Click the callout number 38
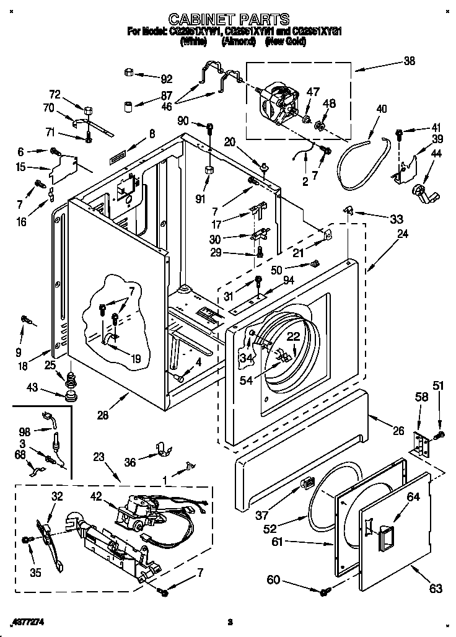pyautogui.click(x=409, y=61)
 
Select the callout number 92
pyautogui.click(x=165, y=79)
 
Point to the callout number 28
pyautogui.click(x=103, y=415)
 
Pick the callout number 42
pyautogui.click(x=96, y=496)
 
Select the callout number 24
pyautogui.click(x=402, y=234)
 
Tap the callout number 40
pyautogui.click(x=381, y=110)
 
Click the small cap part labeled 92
pyautogui.click(x=129, y=73)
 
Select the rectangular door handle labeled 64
pyautogui.click(x=382, y=530)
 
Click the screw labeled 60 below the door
pyautogui.click(x=324, y=593)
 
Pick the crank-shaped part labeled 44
pyautogui.click(x=426, y=193)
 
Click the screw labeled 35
pyautogui.click(x=26, y=540)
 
